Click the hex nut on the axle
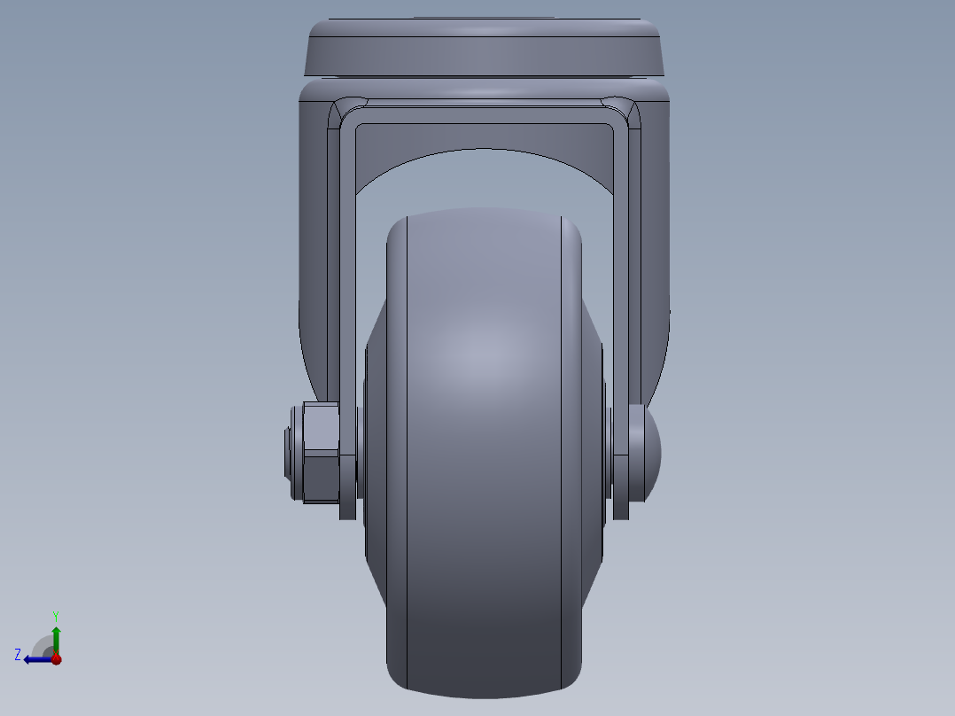[x=321, y=452]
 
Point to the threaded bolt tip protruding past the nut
[x=290, y=453]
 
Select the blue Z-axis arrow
[x=35, y=658]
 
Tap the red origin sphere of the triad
[x=56, y=658]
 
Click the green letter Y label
[x=56, y=615]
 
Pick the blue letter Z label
[x=18, y=654]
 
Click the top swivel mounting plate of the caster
[x=485, y=49]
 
